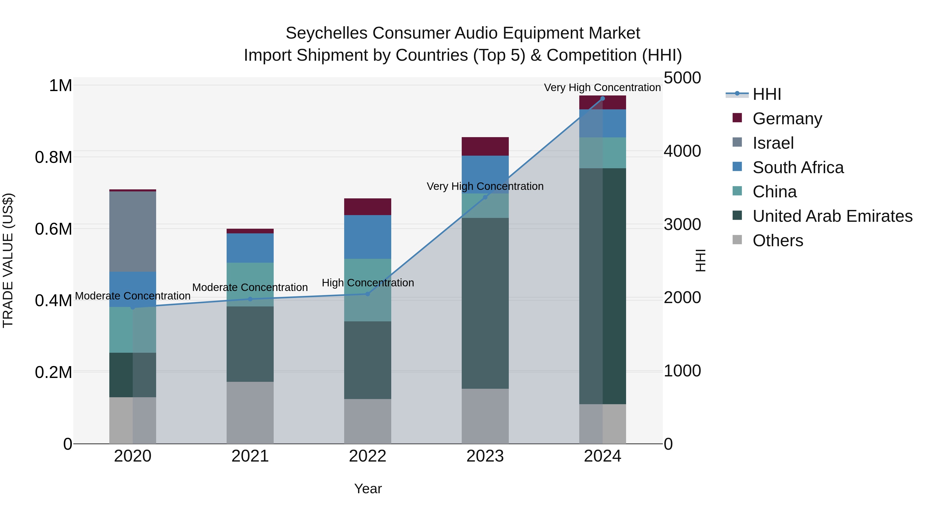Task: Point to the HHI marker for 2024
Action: [602, 98]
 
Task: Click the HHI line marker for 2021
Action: [250, 299]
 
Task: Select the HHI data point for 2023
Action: [485, 197]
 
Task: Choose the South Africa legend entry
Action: [798, 167]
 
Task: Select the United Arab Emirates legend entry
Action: [832, 216]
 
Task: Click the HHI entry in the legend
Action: [767, 94]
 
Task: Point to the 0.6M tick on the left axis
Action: [54, 229]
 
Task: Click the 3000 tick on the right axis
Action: [682, 224]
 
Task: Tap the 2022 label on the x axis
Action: [367, 456]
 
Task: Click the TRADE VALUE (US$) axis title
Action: [8, 260]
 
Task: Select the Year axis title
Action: [368, 489]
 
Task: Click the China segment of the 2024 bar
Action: [602, 153]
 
